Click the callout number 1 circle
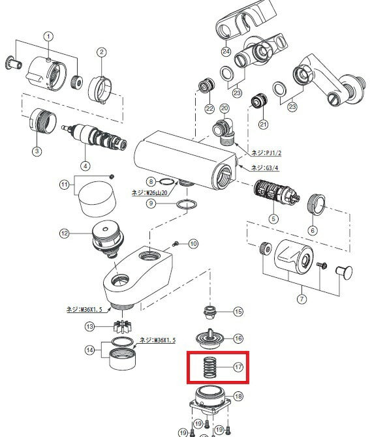point(49,36)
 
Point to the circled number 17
point(238,367)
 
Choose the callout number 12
point(64,233)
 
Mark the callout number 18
point(238,396)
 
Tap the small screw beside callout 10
point(176,243)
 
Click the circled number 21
point(264,124)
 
